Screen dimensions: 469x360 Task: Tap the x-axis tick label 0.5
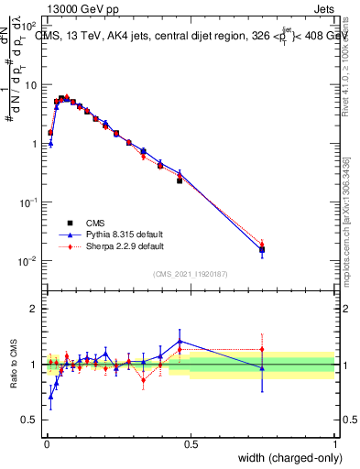click(191, 443)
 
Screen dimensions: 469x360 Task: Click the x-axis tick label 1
click(334, 443)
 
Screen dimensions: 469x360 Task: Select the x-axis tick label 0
click(47, 443)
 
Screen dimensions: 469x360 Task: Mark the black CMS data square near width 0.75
click(262, 249)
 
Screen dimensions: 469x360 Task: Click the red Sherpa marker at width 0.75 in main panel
click(262, 244)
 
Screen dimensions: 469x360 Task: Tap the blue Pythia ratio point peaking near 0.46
click(180, 341)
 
